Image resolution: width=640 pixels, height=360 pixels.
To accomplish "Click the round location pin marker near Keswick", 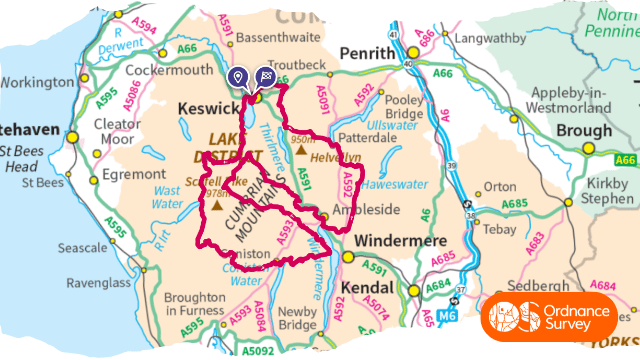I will pos(239,77).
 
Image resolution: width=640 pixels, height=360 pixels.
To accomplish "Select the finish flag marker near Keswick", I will pos(265,77).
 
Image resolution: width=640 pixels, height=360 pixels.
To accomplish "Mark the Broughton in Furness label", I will pos(194,303).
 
